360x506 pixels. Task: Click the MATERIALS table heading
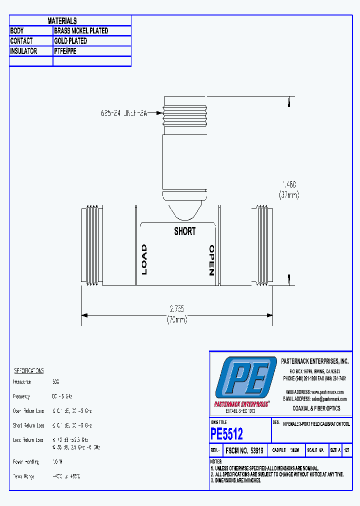click(x=62, y=20)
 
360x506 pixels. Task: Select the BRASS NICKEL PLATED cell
click(x=81, y=30)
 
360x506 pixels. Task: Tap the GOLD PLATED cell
click(x=70, y=41)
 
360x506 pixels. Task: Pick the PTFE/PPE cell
click(x=65, y=51)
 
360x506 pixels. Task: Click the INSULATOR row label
click(x=24, y=51)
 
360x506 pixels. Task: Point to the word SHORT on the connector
click(x=185, y=231)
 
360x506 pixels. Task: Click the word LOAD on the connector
click(x=144, y=259)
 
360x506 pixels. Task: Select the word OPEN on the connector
click(x=211, y=260)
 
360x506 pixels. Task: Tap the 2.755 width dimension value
click(x=177, y=309)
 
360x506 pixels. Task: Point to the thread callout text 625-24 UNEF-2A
click(x=124, y=113)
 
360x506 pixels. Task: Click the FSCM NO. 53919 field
click(x=244, y=450)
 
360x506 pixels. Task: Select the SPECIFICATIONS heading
click(x=28, y=370)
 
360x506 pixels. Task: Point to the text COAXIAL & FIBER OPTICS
click(x=316, y=408)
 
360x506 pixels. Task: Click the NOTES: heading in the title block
click(x=216, y=461)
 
